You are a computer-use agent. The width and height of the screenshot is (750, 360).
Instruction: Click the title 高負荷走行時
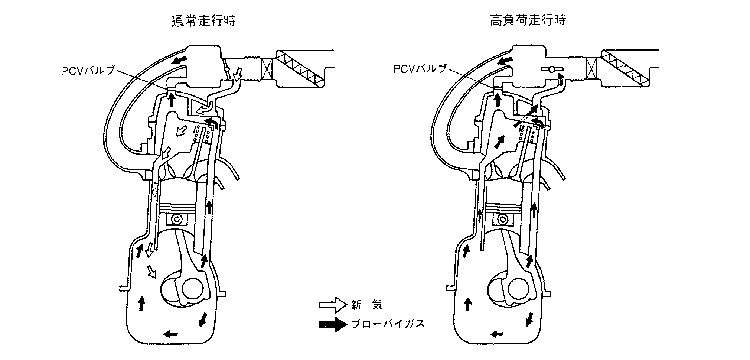528,20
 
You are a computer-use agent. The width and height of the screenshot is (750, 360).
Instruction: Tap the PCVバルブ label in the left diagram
89,70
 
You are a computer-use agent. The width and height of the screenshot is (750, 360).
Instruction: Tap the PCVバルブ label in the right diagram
420,69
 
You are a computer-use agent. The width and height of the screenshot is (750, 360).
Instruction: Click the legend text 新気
366,305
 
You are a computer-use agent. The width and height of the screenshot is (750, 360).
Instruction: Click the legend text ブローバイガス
388,324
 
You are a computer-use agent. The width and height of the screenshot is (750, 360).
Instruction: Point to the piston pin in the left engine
178,220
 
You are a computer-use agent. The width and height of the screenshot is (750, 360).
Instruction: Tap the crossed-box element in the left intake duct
267,71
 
